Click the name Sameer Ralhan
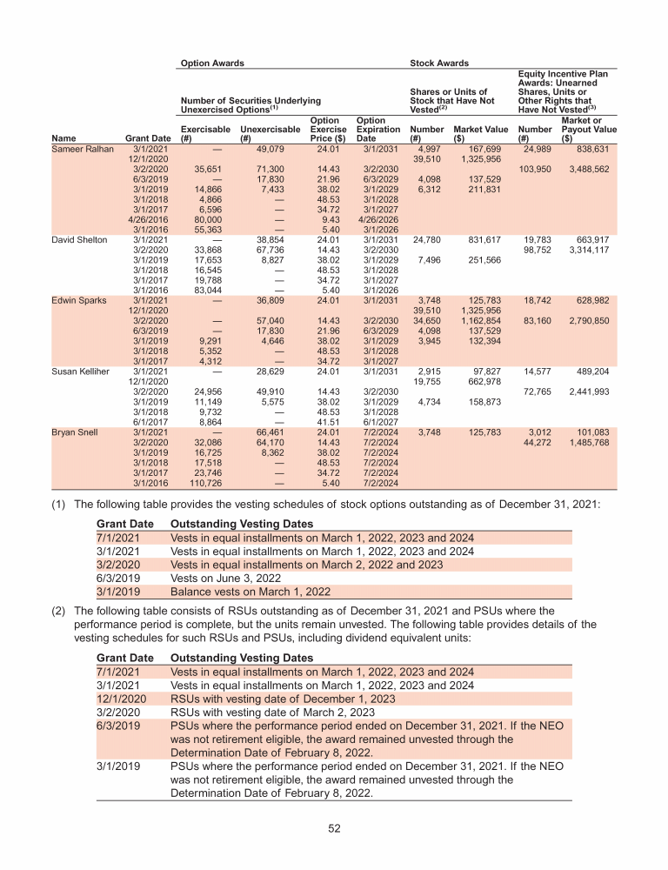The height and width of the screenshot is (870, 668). pos(82,149)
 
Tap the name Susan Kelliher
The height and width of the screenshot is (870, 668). pos(84,371)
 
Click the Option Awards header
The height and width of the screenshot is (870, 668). pos(211,64)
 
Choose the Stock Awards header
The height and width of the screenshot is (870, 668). pos(438,64)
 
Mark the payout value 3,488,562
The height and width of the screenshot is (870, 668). pos(594,169)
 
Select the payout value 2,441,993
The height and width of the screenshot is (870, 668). pos(594,391)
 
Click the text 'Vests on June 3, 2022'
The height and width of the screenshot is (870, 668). pos(224,579)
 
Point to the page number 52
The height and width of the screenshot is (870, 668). pos(333,828)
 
